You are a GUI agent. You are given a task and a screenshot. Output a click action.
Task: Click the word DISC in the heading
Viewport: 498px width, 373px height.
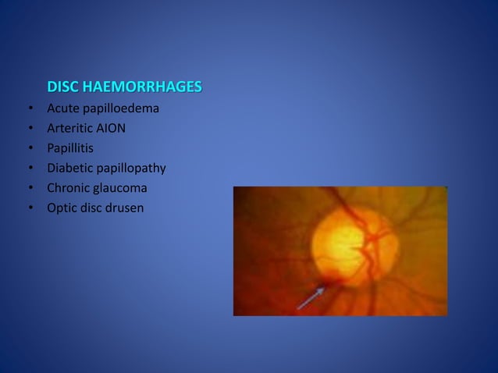63,86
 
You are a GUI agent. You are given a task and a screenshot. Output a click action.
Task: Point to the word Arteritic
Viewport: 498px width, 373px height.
71,128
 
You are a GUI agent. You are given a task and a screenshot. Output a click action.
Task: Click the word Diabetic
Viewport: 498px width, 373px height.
70,169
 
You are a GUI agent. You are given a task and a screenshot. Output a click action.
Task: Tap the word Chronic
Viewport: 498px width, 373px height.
69,188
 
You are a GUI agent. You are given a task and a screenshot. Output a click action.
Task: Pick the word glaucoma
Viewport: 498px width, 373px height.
120,188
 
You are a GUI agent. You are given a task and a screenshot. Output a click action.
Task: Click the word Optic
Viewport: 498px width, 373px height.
62,208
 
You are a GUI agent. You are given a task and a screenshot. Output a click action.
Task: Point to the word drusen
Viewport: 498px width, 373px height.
125,208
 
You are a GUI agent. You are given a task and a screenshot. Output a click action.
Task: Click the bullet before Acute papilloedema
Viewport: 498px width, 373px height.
29,108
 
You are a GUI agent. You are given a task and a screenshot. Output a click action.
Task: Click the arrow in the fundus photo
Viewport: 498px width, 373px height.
311,298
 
